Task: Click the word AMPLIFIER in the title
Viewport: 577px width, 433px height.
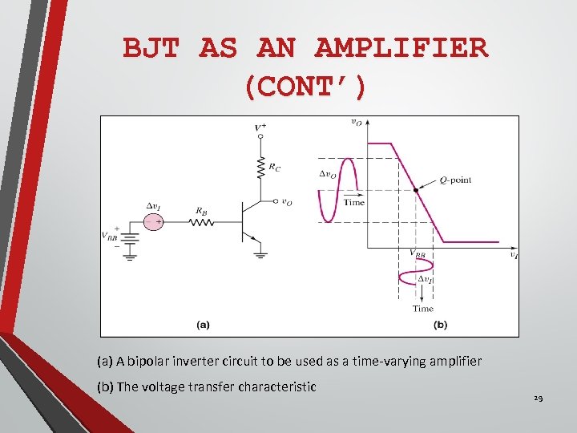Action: (401, 48)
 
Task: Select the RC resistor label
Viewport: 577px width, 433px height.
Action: (275, 168)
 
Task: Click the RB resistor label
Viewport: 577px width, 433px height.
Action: (201, 211)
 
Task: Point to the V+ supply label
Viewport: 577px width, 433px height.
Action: (260, 127)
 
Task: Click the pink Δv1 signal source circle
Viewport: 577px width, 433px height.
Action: (154, 222)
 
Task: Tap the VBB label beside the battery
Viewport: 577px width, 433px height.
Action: (111, 236)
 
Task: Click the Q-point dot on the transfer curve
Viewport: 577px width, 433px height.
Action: (415, 190)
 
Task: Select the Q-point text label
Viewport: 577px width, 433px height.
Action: (455, 180)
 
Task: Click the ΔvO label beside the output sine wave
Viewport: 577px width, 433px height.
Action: (327, 173)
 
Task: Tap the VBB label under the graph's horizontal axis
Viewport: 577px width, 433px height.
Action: (418, 254)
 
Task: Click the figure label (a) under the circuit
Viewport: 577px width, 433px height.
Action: (203, 325)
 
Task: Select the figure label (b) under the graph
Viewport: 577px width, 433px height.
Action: (440, 325)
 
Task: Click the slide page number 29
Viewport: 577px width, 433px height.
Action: (539, 399)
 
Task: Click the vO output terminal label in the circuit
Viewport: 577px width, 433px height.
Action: (287, 203)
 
